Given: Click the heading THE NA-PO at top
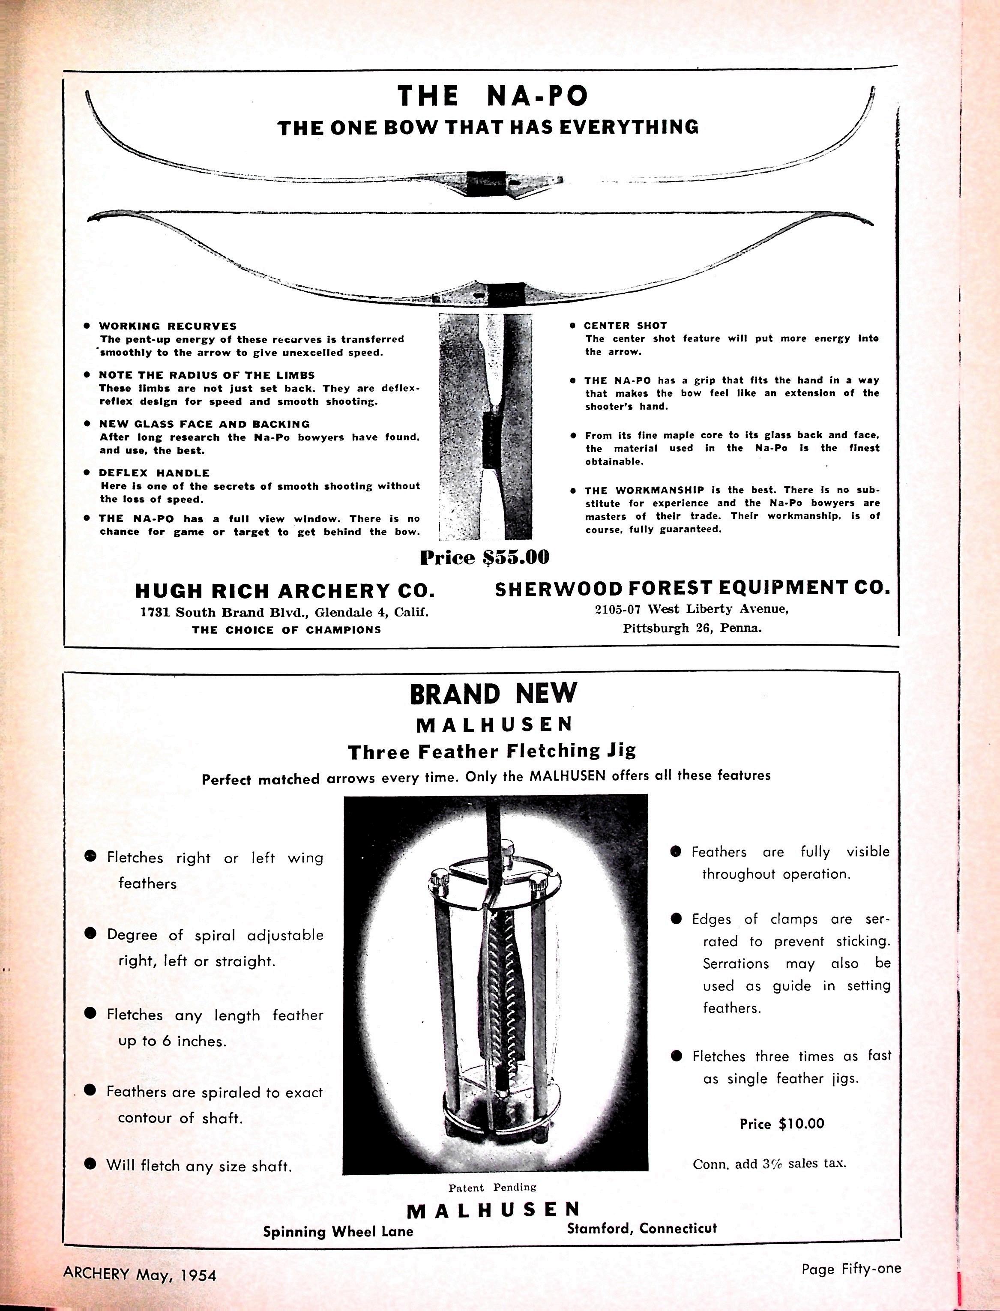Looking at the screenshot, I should point(492,96).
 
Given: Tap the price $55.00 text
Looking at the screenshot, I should point(484,558).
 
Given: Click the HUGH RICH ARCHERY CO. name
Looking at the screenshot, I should point(285,590).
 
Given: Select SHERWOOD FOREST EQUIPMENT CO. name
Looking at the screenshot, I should point(692,589).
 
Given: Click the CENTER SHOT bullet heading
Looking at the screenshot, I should point(625,326).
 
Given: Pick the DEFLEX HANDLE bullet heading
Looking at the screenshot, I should point(154,473).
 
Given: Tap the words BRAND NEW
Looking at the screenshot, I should point(494,694).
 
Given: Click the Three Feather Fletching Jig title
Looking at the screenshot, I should point(492,751).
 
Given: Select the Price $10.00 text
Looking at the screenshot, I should point(781,1123).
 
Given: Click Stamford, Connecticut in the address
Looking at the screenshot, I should point(642,1228).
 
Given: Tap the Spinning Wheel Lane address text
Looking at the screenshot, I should point(338,1231).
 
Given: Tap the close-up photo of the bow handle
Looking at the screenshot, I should point(485,427).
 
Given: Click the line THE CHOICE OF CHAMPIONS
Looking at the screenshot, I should point(286,630).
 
